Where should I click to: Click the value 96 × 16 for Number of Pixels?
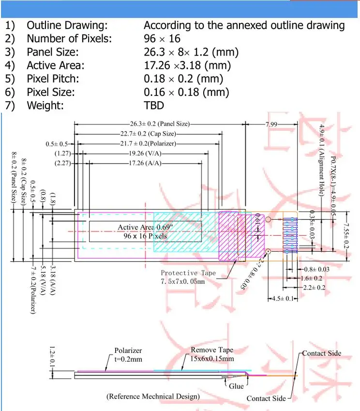click(163, 39)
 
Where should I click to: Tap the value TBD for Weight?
click(154, 106)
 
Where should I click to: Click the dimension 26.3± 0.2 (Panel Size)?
click(156, 124)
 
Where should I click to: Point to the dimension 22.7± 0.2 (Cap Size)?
click(148, 134)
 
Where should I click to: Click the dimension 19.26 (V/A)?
click(145, 153)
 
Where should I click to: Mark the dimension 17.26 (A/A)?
click(145, 164)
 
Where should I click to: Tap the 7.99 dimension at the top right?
click(271, 124)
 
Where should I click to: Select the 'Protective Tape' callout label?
click(188, 273)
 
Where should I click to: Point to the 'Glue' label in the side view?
click(237, 386)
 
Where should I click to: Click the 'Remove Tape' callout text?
click(212, 350)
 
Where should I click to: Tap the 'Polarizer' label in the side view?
click(128, 350)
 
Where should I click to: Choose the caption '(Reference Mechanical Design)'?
click(153, 396)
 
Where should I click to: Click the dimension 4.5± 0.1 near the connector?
click(283, 299)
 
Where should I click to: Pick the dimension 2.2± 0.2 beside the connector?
click(315, 288)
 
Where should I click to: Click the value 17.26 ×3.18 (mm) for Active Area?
click(187, 65)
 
